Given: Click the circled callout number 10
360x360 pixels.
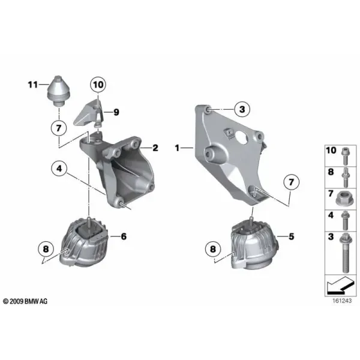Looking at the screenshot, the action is click(98, 85).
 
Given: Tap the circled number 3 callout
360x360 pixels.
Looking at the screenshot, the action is click(242, 109).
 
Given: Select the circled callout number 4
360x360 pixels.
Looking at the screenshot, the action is click(59, 169).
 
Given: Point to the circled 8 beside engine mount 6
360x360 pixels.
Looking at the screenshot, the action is click(46, 249).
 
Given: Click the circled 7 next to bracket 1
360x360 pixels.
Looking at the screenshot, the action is click(292, 182).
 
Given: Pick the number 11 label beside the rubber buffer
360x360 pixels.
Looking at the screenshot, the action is click(33, 85).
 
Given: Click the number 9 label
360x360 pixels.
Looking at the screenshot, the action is click(116, 112).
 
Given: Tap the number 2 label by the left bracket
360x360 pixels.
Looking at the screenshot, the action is click(155, 148).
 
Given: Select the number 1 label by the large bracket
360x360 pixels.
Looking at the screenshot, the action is click(177, 148).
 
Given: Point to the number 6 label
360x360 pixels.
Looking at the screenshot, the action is click(124, 236).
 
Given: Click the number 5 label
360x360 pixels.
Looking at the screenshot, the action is click(292, 236).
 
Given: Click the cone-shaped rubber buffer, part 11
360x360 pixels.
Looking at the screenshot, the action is click(59, 91).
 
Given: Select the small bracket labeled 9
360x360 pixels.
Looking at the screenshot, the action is click(88, 113).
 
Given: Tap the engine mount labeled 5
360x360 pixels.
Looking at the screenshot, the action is click(254, 245).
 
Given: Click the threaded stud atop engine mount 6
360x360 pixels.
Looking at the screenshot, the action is click(88, 221).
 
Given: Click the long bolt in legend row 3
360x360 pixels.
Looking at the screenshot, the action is click(344, 253).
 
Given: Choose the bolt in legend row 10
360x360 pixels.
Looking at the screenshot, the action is click(344, 156).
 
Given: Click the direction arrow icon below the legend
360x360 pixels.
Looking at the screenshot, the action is click(340, 286).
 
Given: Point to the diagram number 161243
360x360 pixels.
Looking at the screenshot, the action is click(342, 301).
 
